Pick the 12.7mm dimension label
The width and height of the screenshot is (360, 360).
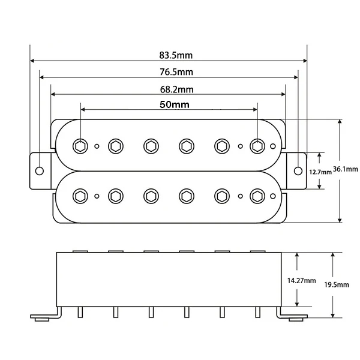320,172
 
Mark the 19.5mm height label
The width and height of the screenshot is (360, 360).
341,285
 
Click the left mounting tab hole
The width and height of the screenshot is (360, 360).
40,170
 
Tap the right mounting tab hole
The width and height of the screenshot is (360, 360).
298,170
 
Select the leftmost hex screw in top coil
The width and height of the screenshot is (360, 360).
80,145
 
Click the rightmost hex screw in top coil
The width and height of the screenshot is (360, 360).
257,145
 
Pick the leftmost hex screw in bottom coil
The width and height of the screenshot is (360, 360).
80,195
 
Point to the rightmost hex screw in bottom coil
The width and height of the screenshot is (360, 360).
257,195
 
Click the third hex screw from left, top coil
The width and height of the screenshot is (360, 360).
151,145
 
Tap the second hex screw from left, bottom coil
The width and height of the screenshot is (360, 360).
115,195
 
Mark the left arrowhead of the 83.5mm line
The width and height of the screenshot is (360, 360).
32,61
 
